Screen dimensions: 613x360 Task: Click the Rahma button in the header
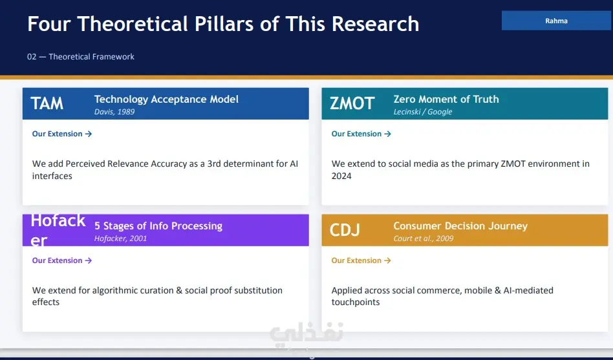(x=556, y=21)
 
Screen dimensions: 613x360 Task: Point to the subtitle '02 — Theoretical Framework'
(x=81, y=57)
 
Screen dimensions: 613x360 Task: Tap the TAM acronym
(x=47, y=103)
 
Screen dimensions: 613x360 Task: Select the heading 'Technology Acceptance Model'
(x=166, y=100)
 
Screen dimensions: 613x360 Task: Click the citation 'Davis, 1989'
(x=114, y=112)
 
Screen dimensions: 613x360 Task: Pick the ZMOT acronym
(x=352, y=103)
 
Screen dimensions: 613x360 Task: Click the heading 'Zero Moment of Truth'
(x=446, y=100)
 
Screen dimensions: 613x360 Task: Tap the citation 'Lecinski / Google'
(x=423, y=112)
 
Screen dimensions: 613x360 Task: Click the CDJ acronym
(x=345, y=230)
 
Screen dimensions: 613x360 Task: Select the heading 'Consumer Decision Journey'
(x=460, y=226)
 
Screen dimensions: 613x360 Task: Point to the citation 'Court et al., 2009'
(x=424, y=238)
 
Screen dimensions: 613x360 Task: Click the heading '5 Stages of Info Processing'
(x=158, y=226)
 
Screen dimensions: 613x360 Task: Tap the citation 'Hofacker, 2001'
(x=120, y=238)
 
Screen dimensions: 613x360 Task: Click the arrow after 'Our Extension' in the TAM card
(x=89, y=134)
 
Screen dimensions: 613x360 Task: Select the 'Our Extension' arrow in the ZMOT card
(x=387, y=134)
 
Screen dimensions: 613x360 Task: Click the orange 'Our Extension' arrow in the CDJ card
(x=387, y=260)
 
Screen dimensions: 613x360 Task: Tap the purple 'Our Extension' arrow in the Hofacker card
(x=89, y=260)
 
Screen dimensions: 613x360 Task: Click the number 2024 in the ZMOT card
(x=341, y=176)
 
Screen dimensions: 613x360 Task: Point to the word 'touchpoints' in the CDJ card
(x=356, y=302)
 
